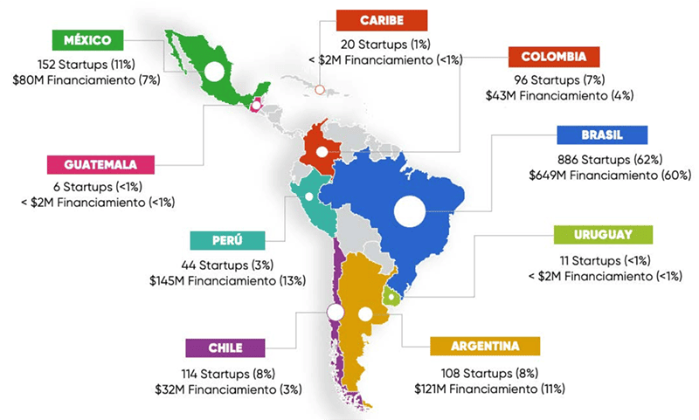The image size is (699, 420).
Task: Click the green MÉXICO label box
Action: (x=87, y=40)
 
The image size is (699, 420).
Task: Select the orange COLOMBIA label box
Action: (x=555, y=58)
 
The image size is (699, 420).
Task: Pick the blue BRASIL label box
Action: (x=602, y=136)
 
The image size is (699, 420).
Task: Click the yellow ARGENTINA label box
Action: (x=486, y=346)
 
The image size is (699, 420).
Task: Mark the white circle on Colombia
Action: (x=321, y=151)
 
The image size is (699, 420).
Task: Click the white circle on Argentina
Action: (x=365, y=313)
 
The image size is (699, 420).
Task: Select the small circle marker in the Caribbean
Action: (x=320, y=89)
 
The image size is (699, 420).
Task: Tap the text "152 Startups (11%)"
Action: (x=85, y=65)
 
